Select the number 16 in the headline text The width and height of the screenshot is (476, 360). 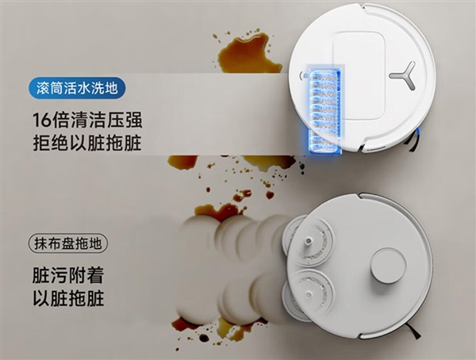43,121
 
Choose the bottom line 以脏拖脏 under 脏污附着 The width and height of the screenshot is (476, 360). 67,300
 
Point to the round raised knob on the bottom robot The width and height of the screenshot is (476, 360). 388,265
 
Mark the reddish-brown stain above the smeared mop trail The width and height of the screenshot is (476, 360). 218,211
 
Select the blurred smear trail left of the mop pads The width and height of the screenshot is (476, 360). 230,262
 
